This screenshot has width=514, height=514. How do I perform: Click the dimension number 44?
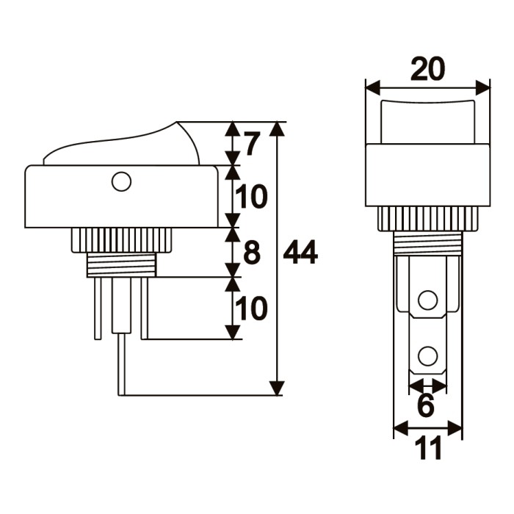coord(300,253)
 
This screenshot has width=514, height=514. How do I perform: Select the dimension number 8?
coord(251,253)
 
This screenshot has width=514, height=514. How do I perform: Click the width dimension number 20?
coord(427,70)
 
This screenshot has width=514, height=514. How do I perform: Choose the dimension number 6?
coord(427,405)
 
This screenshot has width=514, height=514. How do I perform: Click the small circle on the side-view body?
coord(121,181)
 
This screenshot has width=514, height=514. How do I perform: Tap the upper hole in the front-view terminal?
coord(427,300)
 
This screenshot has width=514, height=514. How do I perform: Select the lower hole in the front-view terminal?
coord(427,358)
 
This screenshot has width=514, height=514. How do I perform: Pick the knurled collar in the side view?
coord(121,239)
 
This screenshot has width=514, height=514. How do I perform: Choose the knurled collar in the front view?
coord(427,219)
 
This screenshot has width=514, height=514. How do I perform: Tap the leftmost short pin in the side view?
coord(98,308)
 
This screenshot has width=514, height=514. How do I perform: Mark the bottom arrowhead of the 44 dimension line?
coord(277,388)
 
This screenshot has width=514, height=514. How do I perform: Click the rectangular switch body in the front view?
coord(427,175)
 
